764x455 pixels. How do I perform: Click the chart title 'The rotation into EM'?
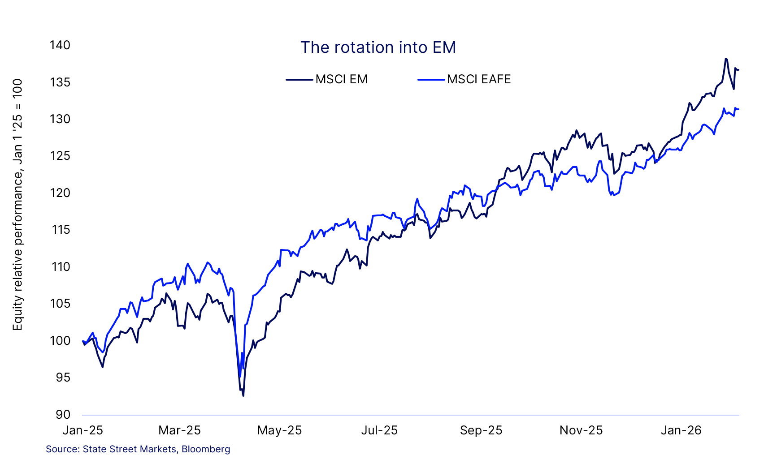378,47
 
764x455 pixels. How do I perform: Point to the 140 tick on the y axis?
60,45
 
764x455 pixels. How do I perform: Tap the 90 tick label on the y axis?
63,415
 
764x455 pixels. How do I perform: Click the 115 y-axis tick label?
61,230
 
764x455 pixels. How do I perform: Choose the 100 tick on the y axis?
60,341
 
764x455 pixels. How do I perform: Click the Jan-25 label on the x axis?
83,430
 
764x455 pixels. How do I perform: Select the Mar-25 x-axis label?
180,430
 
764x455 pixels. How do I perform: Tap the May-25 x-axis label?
279,430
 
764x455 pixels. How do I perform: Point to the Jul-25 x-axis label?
379,430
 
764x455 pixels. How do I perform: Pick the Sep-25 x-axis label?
481,430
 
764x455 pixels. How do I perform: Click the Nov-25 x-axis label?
581,430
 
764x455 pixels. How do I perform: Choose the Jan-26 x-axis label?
681,430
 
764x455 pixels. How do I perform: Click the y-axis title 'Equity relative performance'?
17,205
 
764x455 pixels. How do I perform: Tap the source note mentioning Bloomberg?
138,449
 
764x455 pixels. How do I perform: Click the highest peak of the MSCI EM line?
726,59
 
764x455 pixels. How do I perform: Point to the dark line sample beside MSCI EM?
300,79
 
